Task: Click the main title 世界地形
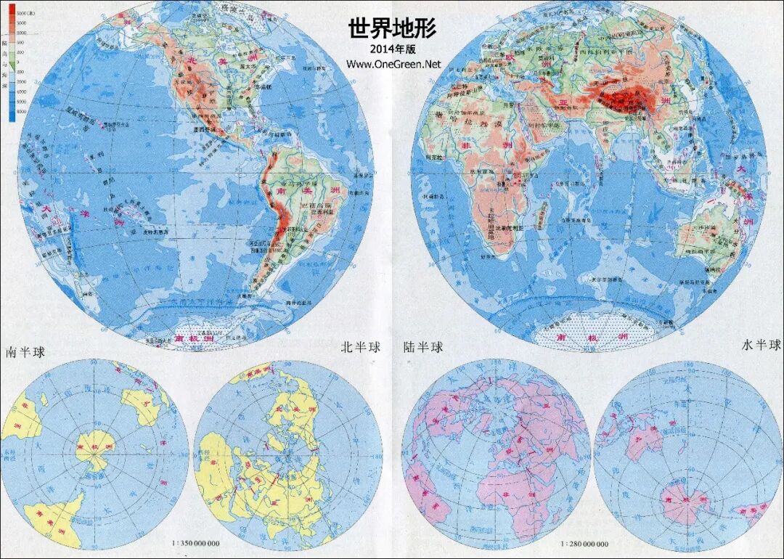pos(392,29)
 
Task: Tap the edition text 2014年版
pos(393,49)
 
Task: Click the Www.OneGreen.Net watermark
pos(393,64)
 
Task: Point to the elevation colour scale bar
pos(12,62)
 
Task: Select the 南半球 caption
pos(25,352)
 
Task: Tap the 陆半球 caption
pos(423,347)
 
